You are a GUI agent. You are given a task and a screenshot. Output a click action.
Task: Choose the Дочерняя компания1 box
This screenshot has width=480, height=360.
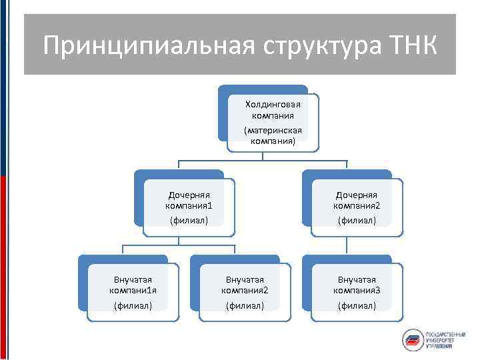click(x=188, y=206)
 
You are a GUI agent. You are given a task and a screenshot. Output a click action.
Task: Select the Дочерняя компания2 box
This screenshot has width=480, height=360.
click(x=356, y=206)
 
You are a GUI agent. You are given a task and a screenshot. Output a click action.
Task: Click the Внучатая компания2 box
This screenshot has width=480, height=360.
click(x=245, y=291)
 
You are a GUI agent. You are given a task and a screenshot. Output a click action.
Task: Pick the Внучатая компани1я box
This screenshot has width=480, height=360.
click(x=133, y=291)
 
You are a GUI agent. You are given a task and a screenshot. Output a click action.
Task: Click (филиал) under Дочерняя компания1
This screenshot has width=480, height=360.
click(x=188, y=220)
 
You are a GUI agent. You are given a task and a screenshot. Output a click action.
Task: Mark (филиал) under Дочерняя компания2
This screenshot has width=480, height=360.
click(x=356, y=220)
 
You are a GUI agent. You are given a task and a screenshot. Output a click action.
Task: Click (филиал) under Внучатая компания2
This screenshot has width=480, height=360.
click(x=245, y=305)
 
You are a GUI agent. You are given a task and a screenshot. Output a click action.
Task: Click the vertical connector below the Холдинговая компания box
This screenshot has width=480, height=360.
click(x=263, y=156)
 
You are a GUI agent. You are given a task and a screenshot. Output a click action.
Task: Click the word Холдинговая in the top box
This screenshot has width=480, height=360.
click(x=273, y=104)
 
